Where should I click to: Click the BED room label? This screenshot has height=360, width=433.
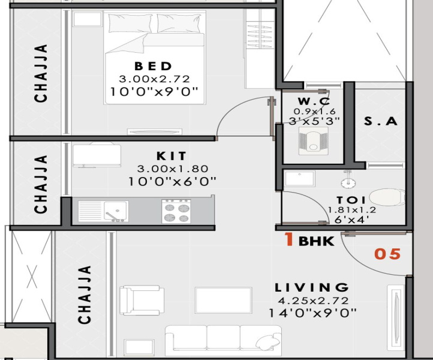coord(154,67)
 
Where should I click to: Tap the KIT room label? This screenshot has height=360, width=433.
coord(172,156)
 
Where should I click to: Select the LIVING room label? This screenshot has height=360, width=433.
coord(312,287)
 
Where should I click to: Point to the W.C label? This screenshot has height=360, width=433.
coord(314,101)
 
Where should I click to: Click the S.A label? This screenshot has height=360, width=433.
coord(381,121)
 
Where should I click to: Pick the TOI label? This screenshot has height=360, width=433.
coord(351,200)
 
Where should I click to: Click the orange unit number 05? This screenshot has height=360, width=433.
coord(387,254)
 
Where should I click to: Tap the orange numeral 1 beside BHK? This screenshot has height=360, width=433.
coord(289,239)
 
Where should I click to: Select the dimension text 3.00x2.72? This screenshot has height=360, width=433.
coord(154,79)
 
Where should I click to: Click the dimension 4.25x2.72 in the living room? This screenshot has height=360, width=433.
coord(313,301)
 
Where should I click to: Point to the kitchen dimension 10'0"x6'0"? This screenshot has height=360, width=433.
coord(172,182)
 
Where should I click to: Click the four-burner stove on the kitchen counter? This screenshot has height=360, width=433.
coord(176,211)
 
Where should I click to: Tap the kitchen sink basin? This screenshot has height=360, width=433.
coord(116,211)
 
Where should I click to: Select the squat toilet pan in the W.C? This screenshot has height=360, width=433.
coord(314,141)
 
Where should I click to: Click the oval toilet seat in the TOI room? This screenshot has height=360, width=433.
coord(387,197)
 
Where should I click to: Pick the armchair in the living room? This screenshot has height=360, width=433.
coord(142,301)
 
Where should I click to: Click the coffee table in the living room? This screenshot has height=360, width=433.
coord(224,300)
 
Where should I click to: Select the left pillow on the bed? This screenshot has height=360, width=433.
coord(130,23)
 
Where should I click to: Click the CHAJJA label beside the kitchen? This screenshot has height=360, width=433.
coord(41,184)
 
